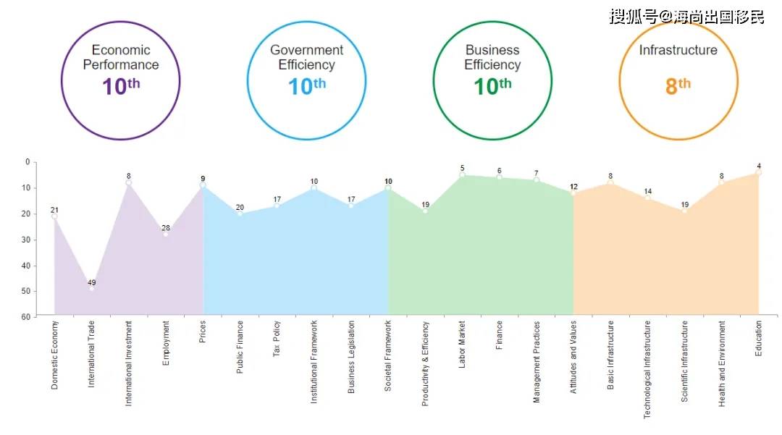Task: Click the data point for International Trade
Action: pyautogui.click(x=91, y=288)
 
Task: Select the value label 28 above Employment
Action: pyautogui.click(x=166, y=228)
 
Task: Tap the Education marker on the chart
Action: pyautogui.click(x=759, y=172)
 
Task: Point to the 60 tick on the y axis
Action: pyautogui.click(x=26, y=317)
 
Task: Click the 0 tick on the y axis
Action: pyautogui.click(x=28, y=162)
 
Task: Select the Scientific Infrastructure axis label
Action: pyautogui.click(x=684, y=361)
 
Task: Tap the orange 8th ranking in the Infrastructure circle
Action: pyautogui.click(x=678, y=86)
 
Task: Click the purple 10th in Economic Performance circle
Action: pyautogui.click(x=121, y=87)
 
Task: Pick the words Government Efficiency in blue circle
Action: pyautogui.click(x=306, y=57)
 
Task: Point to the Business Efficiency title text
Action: pyautogui.click(x=492, y=57)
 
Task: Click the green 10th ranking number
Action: pyautogui.click(x=492, y=87)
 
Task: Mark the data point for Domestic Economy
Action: pyautogui.click(x=54, y=216)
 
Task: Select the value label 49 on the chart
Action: pyautogui.click(x=91, y=282)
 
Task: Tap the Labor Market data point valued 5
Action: pyautogui.click(x=462, y=174)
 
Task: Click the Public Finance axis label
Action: pyautogui.click(x=240, y=347)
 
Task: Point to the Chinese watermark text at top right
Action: pyautogui.click(x=686, y=16)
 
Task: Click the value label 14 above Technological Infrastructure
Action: pyautogui.click(x=648, y=192)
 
